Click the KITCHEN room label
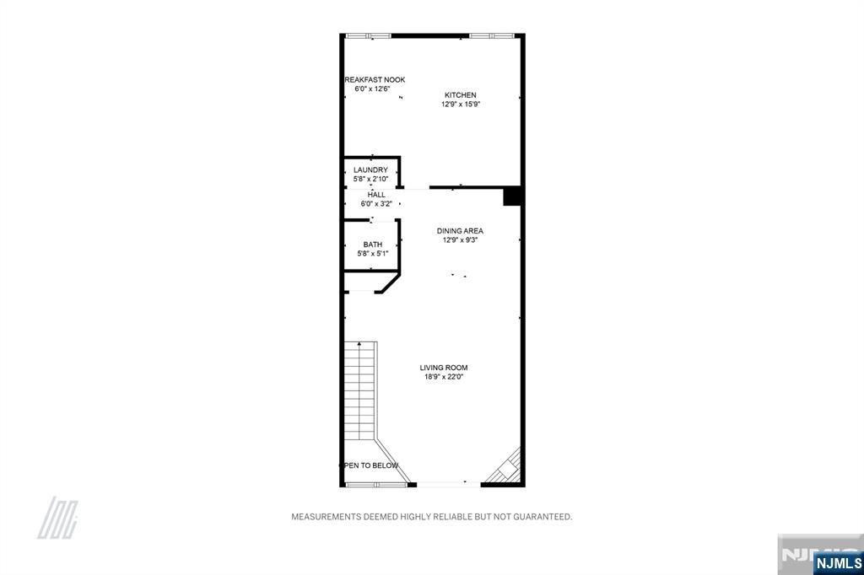[460, 95]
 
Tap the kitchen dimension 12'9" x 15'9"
[460, 105]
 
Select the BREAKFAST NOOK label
[375, 80]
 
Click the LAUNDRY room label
[370, 170]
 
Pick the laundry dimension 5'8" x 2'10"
[370, 179]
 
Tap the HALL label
[376, 195]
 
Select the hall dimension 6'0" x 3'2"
[376, 203]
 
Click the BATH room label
[373, 245]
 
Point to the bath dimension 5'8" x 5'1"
[373, 253]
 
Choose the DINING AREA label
[460, 231]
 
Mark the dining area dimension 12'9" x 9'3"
[460, 239]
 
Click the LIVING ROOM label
[444, 368]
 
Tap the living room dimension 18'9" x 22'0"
[444, 377]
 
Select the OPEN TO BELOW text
[370, 465]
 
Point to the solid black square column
[513, 196]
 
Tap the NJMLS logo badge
[838, 562]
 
